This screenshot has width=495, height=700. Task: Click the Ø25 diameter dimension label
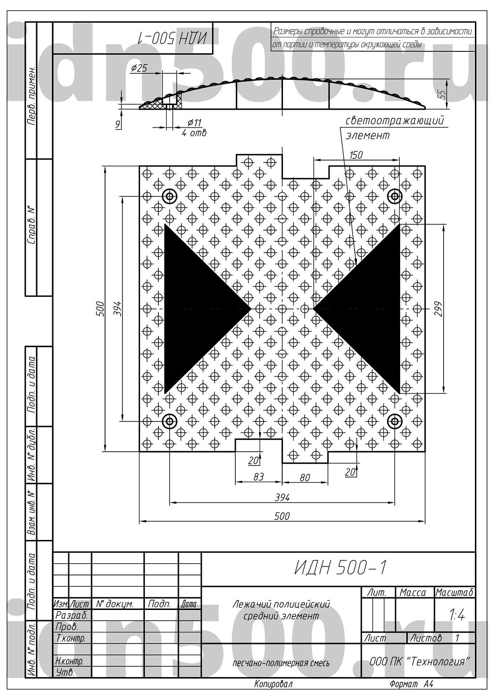(139, 68)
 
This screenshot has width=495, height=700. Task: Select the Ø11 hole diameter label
(194, 122)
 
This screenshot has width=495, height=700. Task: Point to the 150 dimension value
(356, 154)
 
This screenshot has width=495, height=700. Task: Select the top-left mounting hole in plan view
(170, 196)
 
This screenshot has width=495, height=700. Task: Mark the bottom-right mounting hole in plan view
(395, 421)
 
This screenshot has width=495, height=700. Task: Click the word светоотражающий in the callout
(395, 121)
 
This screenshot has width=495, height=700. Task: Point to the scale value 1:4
(457, 616)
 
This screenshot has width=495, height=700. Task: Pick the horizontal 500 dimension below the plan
(282, 516)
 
